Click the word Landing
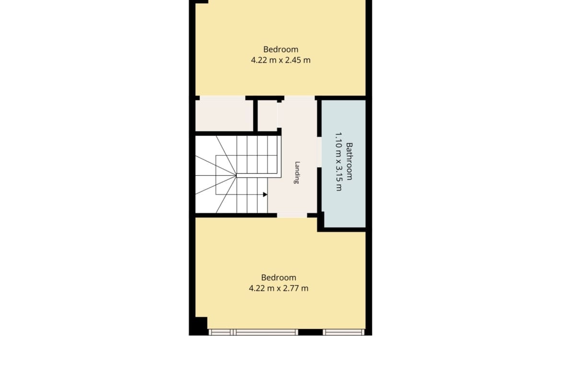pyautogui.click(x=297, y=172)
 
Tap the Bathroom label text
pyautogui.click(x=349, y=161)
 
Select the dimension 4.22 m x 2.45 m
pyautogui.click(x=280, y=60)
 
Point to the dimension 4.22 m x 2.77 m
pyautogui.click(x=279, y=288)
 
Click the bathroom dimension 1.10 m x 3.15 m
pyautogui.click(x=339, y=161)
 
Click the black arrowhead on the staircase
pyautogui.click(x=265, y=194)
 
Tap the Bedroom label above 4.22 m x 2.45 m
pyautogui.click(x=280, y=49)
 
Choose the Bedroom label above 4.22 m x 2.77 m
pyautogui.click(x=279, y=277)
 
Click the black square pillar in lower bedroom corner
pyautogui.click(x=201, y=323)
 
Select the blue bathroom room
pyautogui.click(x=343, y=163)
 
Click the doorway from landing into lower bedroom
pyautogui.click(x=292, y=215)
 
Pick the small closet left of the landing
pyautogui.click(x=267, y=116)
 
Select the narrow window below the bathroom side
pyautogui.click(x=343, y=332)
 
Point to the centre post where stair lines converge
pyautogui.click(x=236, y=175)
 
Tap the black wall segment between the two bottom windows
pyautogui.click(x=310, y=332)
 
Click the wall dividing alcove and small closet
pyautogui.click(x=256, y=115)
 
